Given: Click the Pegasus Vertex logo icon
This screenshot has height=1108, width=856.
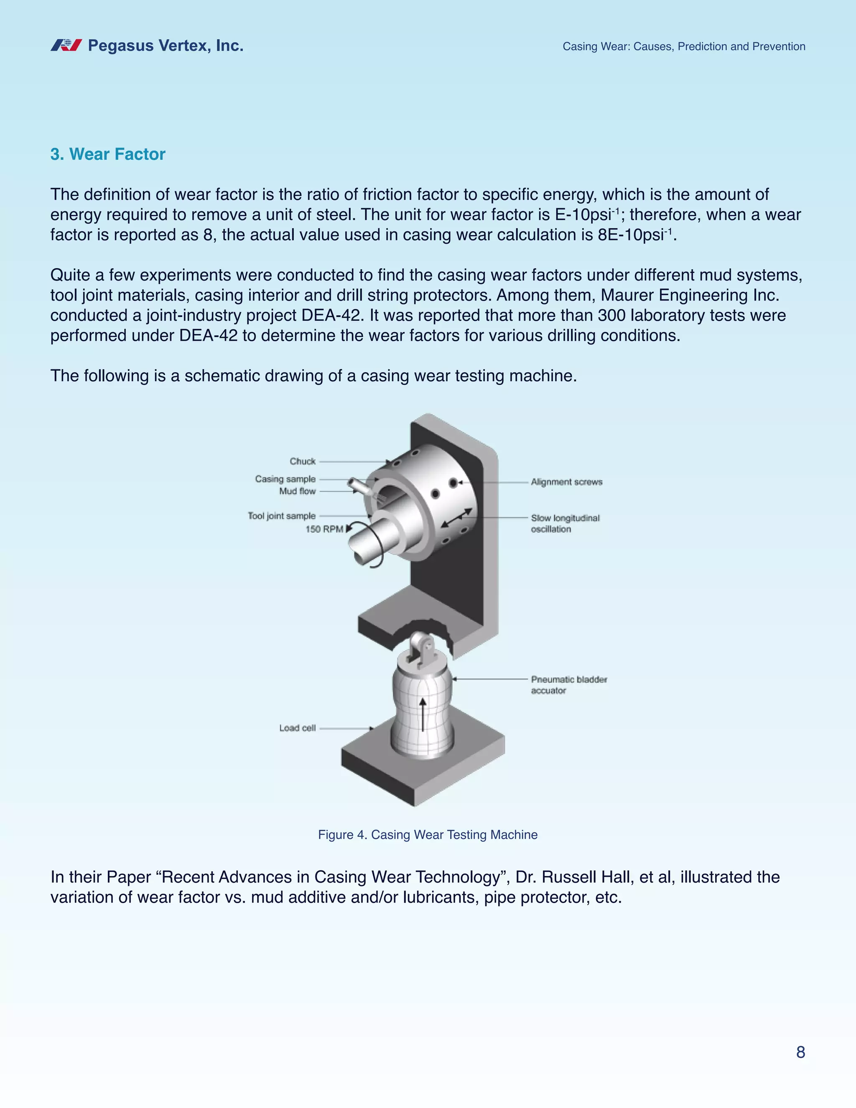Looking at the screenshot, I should (66, 46).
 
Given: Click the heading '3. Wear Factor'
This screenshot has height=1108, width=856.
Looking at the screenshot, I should (107, 154).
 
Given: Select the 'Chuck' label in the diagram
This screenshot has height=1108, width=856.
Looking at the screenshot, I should (302, 461).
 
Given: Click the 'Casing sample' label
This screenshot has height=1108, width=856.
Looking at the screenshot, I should (285, 479).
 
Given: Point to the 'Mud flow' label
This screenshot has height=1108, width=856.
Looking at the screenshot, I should (297, 491).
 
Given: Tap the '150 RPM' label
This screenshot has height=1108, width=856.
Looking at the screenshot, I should (324, 529).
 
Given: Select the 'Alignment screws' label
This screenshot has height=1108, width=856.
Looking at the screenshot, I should (566, 482).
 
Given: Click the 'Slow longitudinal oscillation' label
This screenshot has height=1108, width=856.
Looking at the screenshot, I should (565, 523).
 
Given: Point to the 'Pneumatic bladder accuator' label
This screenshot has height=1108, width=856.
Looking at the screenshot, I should (568, 685).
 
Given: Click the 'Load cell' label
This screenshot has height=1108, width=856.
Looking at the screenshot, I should (297, 728).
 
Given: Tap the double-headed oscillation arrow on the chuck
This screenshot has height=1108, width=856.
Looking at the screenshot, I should (457, 518).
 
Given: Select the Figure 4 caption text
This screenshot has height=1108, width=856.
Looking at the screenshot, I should (428, 835).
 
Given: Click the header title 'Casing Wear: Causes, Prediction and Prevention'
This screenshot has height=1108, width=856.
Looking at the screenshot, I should (683, 47).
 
